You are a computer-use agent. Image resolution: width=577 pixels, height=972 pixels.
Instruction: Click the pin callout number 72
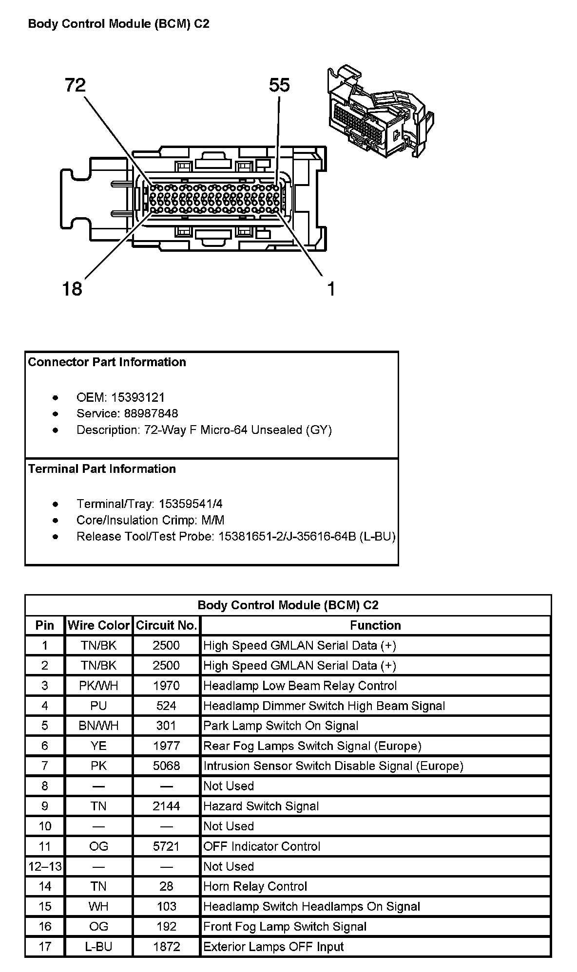click(75, 86)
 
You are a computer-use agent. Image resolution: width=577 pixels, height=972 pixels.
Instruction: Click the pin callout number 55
click(279, 86)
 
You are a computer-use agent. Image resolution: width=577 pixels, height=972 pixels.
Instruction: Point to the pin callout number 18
click(72, 289)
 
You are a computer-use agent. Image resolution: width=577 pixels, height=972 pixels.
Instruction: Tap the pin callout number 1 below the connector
click(331, 289)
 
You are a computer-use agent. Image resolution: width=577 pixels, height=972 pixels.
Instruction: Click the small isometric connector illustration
click(380, 112)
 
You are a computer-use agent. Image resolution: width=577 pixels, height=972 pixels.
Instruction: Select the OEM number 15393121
click(138, 397)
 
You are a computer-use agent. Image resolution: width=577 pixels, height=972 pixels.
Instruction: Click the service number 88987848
click(145, 413)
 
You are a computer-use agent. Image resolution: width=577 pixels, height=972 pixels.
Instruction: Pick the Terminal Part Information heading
click(102, 469)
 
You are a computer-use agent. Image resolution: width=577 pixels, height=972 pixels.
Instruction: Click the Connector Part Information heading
click(107, 362)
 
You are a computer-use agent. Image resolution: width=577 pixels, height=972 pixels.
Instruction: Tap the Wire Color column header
click(98, 625)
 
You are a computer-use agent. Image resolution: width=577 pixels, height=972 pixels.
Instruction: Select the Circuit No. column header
click(166, 625)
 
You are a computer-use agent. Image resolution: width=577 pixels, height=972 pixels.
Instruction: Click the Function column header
click(375, 625)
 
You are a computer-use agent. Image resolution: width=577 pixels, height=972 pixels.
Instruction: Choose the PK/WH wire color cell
click(98, 686)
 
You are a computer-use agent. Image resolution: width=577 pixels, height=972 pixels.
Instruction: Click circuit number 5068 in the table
click(166, 766)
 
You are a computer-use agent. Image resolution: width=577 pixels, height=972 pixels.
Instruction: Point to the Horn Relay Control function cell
click(255, 886)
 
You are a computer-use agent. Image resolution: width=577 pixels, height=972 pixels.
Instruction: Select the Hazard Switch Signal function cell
click(261, 806)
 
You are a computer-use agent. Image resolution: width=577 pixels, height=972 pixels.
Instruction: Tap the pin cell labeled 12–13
click(45, 866)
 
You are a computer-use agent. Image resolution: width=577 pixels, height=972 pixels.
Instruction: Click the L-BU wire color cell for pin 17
click(98, 947)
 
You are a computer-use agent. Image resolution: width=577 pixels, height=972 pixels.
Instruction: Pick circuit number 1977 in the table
click(166, 746)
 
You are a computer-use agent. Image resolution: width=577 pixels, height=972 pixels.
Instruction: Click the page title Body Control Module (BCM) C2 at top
click(119, 24)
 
